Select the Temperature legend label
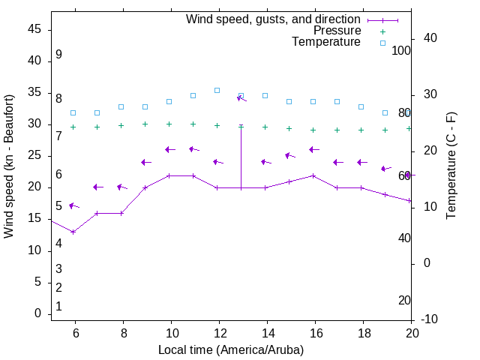pos(326,42)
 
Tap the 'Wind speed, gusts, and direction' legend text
pos(274,19)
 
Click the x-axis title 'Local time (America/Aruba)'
pos(231,349)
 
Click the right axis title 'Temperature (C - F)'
pos(451,166)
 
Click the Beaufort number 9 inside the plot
pos(58,55)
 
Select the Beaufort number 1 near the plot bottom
pos(58,306)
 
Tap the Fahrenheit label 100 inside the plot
pos(401,50)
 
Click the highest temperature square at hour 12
pos(217,90)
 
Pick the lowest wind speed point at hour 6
pos(73,232)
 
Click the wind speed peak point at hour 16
pos(313,175)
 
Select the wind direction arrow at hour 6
pos(73,205)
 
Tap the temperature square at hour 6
pos(73,112)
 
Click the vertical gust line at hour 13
pos(241,157)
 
